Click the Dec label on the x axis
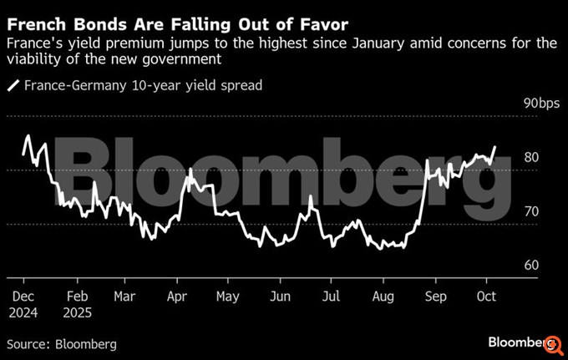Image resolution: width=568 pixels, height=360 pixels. pos(22,297)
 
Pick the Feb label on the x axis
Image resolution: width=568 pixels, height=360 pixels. pos(77,297)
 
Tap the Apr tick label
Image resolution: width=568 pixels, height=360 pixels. pos(176,297)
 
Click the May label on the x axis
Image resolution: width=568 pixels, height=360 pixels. pos(228,297)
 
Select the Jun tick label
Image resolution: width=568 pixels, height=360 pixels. pos(281,297)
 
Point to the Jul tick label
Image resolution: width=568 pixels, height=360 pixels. pos(331,297)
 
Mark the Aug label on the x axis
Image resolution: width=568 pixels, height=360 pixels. pos(383,297)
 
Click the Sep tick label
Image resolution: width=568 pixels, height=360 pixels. pos(436,297)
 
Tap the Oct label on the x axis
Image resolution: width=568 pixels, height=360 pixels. pos(486,297)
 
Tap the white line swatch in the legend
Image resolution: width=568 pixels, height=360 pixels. pos(13,84)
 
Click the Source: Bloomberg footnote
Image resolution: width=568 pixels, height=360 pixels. pos(62,343)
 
